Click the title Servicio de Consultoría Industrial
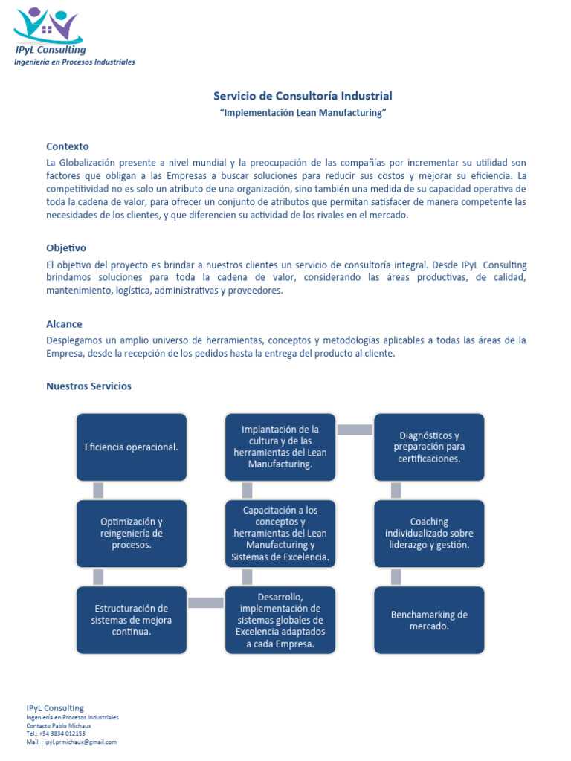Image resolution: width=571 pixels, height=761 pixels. (303, 96)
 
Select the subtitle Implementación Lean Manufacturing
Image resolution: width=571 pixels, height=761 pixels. (303, 113)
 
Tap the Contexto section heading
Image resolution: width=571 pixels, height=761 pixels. (67, 146)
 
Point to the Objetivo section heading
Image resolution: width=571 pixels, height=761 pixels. (66, 247)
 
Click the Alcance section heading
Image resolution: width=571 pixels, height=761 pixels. (64, 324)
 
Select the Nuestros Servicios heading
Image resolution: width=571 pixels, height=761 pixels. (88, 386)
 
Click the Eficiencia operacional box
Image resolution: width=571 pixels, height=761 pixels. (132, 447)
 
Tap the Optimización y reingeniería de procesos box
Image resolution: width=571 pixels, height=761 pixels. (132, 533)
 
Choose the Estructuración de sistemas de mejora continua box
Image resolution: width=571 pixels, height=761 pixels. (132, 620)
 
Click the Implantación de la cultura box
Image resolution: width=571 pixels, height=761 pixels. (280, 447)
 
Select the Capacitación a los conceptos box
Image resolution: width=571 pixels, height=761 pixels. (280, 533)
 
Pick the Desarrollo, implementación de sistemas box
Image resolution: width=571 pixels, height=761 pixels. (280, 620)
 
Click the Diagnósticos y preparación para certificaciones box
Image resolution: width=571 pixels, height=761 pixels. (429, 447)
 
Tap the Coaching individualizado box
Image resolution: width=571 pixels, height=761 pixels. (429, 533)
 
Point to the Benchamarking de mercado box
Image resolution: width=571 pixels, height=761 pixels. (429, 620)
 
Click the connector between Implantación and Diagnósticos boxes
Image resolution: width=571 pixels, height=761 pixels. (355, 430)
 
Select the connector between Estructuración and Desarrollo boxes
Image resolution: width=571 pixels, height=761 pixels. (206, 603)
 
